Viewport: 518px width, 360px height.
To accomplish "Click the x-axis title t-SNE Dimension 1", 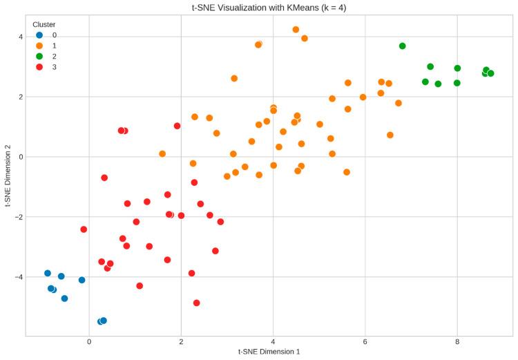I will [268, 352].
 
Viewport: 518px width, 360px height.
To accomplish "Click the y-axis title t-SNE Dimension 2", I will [8, 175].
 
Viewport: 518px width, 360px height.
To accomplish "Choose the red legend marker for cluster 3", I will [39, 67].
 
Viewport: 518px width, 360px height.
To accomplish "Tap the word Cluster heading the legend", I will [44, 24].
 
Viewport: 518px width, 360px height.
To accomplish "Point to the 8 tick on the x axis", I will [457, 341].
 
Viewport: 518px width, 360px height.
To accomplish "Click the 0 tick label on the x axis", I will [89, 341].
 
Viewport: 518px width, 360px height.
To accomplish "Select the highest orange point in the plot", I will [296, 30].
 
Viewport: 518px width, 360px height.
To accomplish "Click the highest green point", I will [403, 46].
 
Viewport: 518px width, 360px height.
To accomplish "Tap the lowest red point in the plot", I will [197, 303].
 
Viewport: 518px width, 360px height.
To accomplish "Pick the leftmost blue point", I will [48, 273].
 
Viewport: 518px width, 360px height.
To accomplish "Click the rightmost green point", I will [490, 73].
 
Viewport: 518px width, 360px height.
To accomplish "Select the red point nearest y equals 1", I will [178, 126].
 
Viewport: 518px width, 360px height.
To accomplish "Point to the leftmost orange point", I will [162, 154].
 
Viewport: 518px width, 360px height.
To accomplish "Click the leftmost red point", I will [84, 229].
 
